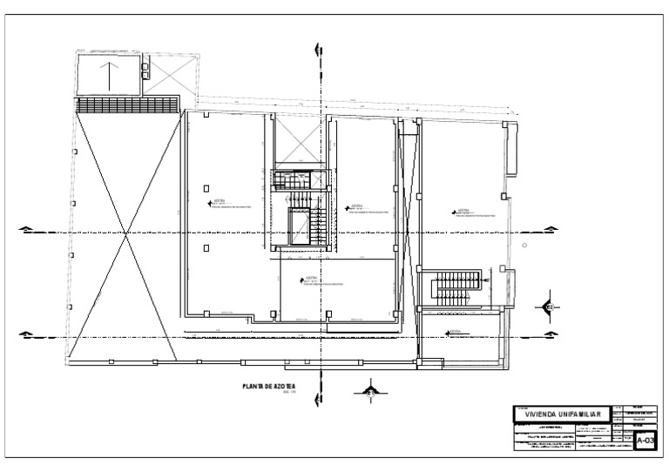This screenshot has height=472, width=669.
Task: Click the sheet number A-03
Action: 645,441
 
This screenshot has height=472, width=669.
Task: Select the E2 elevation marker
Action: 551,307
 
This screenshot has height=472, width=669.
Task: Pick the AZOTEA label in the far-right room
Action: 463,211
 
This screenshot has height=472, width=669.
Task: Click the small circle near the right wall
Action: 524,246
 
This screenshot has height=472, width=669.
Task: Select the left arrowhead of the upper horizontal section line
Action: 27,230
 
